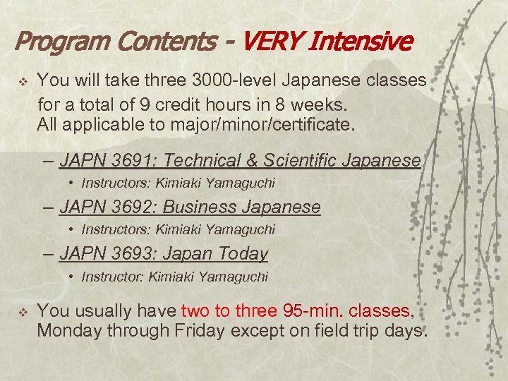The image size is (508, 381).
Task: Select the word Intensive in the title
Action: (365, 42)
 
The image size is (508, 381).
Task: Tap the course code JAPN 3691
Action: (107, 161)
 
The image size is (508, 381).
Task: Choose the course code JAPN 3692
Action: (107, 207)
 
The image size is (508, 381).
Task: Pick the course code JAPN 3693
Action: (107, 253)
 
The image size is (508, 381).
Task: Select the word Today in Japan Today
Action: (243, 253)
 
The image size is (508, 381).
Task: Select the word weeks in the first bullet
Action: (323, 106)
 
